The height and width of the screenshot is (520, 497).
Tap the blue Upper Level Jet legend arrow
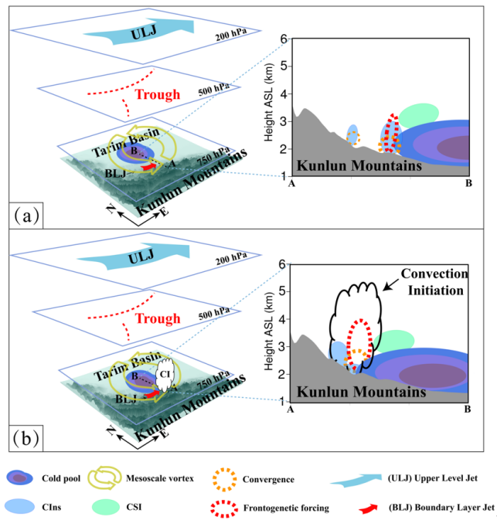[365, 479]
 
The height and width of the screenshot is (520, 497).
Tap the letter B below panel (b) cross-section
[468, 410]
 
